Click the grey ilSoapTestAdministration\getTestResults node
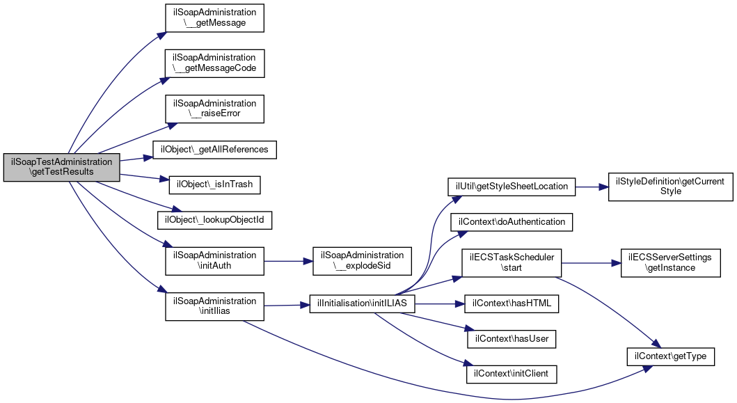point(61,167)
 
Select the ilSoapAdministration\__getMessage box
point(214,18)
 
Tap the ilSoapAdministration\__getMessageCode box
point(214,63)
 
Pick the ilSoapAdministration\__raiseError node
point(214,109)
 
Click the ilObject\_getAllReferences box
point(214,150)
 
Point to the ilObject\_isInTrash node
point(214,184)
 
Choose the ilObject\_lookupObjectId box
point(214,220)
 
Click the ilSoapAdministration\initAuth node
point(214,260)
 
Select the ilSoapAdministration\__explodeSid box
point(362,260)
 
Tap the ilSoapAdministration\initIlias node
point(214,306)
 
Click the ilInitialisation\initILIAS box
point(362,303)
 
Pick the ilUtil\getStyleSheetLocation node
point(512,187)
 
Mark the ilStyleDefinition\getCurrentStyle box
point(670,187)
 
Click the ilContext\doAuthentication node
point(512,222)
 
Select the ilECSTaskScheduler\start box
point(512,263)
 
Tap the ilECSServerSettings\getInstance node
point(670,263)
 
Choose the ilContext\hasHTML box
point(512,303)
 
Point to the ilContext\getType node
point(670,356)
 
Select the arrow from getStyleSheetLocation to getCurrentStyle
point(592,187)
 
